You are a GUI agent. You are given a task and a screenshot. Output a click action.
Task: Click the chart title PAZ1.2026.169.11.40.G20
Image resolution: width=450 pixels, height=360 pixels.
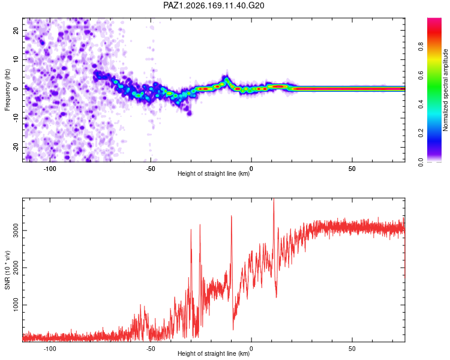point(214,5)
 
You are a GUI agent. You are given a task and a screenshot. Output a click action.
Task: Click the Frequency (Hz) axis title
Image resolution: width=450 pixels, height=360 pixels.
point(7,90)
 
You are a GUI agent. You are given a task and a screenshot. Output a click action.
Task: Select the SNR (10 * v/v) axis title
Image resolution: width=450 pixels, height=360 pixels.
point(7,270)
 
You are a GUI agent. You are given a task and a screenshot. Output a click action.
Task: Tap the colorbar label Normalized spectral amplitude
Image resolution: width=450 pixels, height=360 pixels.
point(445,90)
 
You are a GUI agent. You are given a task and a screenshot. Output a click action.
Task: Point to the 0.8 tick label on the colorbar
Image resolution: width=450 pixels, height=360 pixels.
point(421,47)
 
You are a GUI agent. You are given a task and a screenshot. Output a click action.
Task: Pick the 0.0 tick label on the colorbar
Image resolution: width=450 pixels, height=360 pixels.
point(421,162)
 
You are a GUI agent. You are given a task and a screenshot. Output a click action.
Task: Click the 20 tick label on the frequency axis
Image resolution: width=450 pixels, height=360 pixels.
point(16,30)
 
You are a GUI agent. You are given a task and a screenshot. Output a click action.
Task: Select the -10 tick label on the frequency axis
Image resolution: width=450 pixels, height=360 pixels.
point(16,118)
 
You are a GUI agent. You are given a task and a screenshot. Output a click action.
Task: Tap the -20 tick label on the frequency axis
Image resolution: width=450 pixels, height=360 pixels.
point(16,147)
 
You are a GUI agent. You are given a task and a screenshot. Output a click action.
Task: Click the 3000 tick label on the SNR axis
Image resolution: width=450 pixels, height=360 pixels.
point(16,230)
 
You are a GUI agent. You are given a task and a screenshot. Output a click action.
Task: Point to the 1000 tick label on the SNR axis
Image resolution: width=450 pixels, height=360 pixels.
point(16,305)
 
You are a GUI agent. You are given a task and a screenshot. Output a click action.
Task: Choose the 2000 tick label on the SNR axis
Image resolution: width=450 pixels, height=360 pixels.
point(16,268)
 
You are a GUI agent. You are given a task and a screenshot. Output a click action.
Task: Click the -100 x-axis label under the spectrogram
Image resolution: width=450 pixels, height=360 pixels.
point(50,169)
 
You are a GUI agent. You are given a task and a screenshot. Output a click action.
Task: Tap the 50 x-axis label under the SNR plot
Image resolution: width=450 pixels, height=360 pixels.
point(352,349)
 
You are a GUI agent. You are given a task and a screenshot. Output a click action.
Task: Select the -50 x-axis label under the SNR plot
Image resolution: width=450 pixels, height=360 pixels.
point(151,349)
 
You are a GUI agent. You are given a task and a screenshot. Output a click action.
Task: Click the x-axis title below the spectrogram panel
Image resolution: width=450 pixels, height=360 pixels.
point(214,173)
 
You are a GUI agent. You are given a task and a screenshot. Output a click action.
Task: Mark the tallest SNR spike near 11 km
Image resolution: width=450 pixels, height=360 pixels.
point(274,199)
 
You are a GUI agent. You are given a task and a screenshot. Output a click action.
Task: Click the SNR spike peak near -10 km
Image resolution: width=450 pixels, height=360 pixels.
point(232,216)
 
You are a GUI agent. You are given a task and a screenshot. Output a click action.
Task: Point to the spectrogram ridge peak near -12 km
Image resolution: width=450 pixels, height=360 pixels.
point(227,77)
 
